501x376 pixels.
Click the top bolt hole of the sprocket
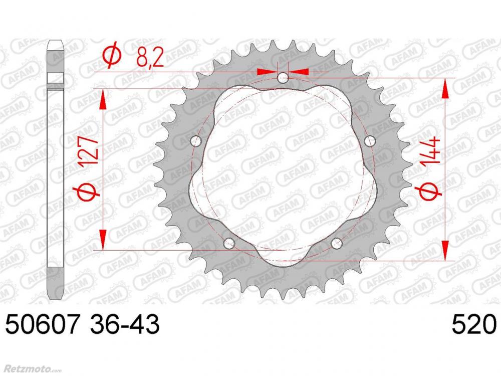283,77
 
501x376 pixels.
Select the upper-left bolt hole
196,141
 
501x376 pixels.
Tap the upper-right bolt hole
370,141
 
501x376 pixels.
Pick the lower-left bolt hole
229,243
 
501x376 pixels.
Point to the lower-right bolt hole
337,243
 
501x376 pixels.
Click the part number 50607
42,324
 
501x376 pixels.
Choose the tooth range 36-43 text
125,324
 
